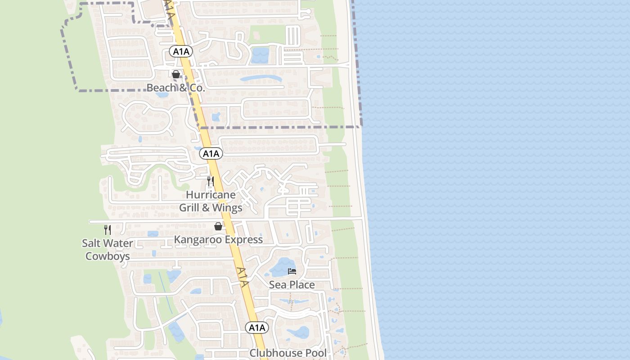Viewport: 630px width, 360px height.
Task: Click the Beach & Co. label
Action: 176,88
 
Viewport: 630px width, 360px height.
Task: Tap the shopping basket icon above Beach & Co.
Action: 176,74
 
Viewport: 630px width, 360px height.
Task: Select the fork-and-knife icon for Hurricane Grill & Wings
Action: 210,181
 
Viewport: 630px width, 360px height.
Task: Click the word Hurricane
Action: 211,195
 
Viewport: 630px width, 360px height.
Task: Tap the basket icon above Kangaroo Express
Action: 218,226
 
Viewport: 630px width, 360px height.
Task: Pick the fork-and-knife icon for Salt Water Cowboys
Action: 108,230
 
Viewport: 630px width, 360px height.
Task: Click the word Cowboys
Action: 108,256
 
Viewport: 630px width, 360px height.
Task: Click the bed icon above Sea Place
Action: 292,271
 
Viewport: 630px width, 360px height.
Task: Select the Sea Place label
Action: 292,285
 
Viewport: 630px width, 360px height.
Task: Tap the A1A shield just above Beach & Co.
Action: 181,52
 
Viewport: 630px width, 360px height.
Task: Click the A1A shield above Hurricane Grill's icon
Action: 211,154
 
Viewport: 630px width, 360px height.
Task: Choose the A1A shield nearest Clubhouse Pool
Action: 257,328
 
